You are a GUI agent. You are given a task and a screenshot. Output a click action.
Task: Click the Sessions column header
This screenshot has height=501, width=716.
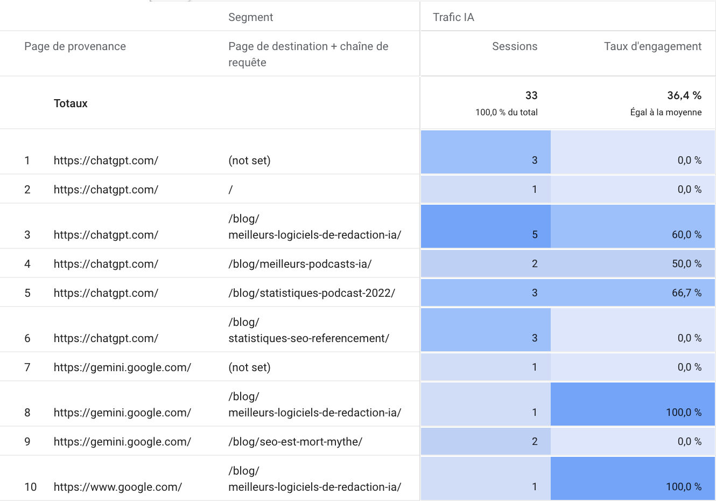point(514,46)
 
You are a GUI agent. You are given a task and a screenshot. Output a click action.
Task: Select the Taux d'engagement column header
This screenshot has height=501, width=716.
point(652,46)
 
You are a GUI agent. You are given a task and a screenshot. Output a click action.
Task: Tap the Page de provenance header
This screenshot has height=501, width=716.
point(75,46)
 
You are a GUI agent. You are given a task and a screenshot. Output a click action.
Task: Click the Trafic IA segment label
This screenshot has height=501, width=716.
point(453,17)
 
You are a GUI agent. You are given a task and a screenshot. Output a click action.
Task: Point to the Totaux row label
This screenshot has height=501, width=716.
point(71,103)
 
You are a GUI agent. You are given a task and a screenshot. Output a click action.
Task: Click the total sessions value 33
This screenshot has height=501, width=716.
point(531,95)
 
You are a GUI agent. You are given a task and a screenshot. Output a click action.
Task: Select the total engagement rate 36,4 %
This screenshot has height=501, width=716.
point(684,95)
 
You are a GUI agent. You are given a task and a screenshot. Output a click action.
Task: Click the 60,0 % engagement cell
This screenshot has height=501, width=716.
point(686,234)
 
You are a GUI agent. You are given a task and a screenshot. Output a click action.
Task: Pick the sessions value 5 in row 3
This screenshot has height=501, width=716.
point(535,234)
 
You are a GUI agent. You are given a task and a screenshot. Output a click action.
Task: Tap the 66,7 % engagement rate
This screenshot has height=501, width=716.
point(686,293)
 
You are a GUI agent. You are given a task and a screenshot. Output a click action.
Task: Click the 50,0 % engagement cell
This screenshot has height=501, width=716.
point(686,263)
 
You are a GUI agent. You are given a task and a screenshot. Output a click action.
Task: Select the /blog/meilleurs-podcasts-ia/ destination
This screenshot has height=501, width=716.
point(300,264)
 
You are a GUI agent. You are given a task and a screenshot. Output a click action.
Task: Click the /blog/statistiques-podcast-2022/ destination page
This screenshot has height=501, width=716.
point(312,293)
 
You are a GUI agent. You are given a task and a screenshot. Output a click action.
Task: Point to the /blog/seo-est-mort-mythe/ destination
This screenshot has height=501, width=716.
point(295,442)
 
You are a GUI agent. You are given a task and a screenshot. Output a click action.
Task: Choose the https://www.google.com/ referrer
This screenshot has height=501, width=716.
point(118,487)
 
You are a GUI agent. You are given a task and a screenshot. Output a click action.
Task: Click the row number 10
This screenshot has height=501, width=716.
point(30,487)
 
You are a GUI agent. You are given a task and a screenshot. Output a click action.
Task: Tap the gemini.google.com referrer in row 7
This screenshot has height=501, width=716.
point(122,367)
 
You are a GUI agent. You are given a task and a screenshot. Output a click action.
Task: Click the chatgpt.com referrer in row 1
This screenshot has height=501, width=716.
point(106,161)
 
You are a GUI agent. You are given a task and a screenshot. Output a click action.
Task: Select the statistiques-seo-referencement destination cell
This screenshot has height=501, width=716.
point(308,338)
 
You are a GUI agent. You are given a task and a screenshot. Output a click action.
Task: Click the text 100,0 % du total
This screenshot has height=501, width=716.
point(506,112)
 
